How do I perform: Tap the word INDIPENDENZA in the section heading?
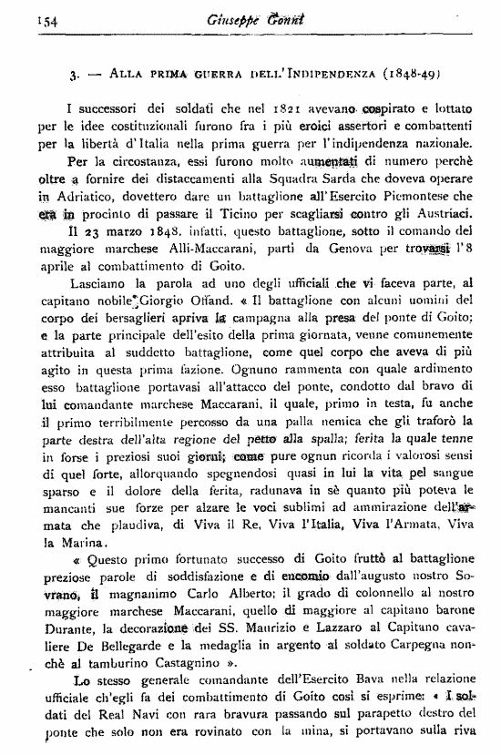pos(330,71)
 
